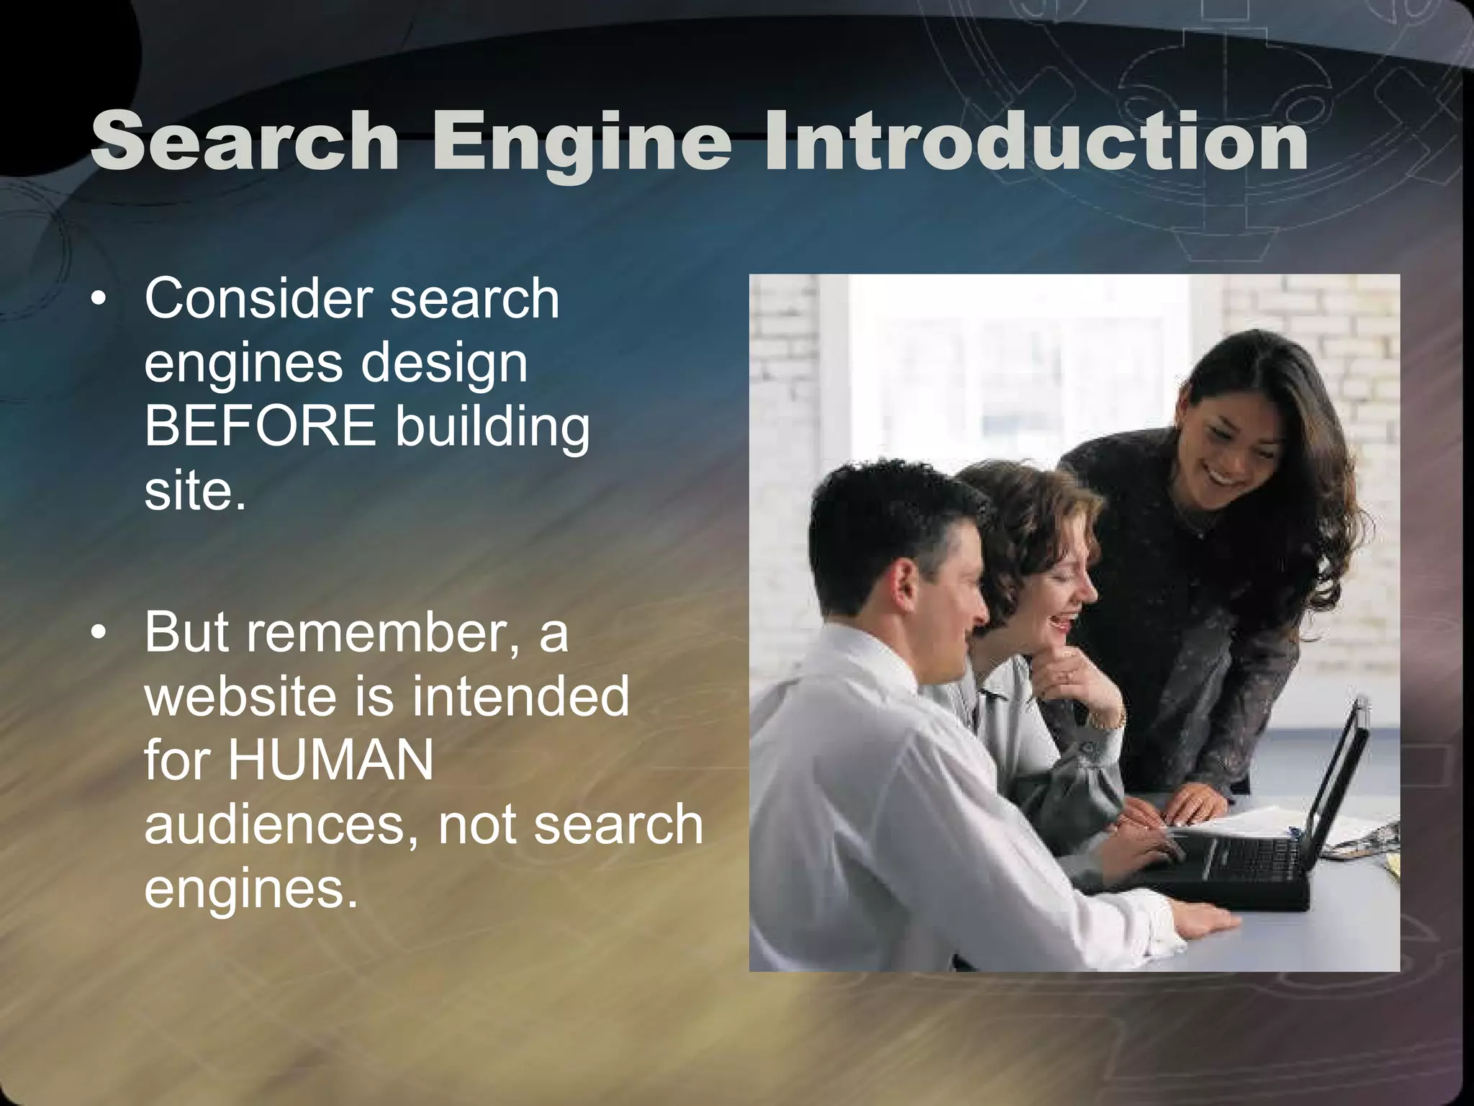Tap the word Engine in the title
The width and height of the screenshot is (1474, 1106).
pyautogui.click(x=582, y=143)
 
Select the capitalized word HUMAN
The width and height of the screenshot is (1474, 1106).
pyautogui.click(x=331, y=760)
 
